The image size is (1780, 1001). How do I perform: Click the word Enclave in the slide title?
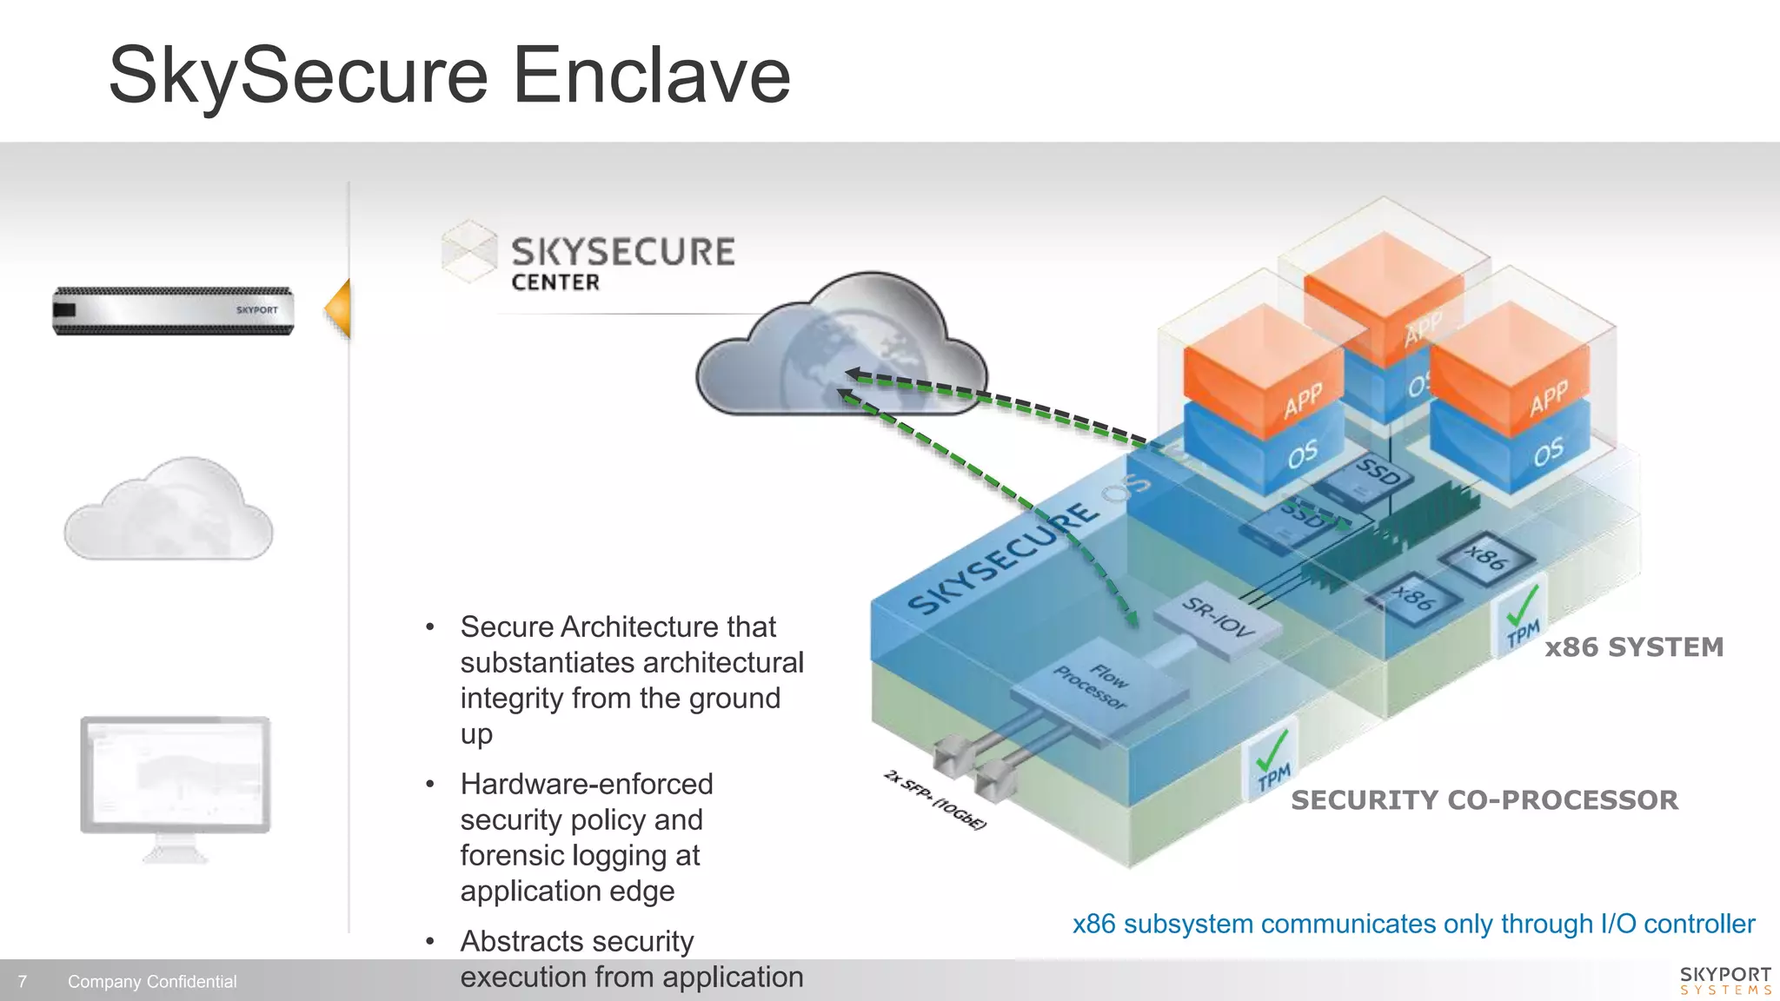pos(652,76)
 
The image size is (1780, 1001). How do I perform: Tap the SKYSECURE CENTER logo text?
pos(621,262)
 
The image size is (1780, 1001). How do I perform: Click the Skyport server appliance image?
pos(173,311)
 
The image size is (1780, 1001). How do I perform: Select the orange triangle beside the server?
pos(339,308)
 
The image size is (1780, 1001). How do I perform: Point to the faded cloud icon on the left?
pos(169,511)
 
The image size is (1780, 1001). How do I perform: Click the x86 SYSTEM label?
pos(1634,647)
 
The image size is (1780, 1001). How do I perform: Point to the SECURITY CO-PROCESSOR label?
pos(1484,800)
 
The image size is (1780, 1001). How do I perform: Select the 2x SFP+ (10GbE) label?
pos(935,800)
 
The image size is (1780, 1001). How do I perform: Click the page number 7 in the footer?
pos(22,982)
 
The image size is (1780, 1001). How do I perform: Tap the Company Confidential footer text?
pos(152,982)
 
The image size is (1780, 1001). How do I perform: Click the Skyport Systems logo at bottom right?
pos(1725,980)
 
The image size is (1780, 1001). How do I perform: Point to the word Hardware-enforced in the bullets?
pos(587,784)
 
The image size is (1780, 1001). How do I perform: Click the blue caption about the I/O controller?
pos(1413,924)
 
